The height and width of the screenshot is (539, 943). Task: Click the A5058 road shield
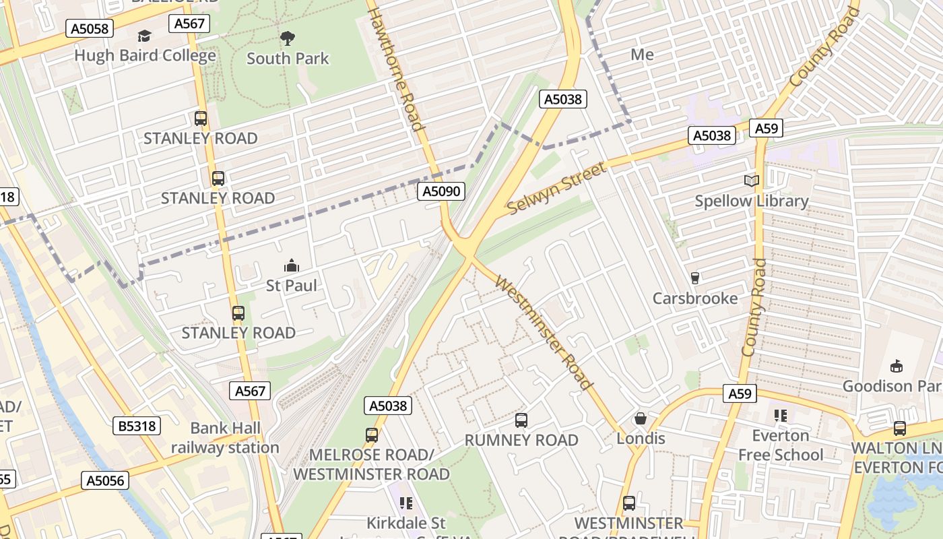[90, 28]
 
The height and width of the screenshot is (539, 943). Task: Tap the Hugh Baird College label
[145, 55]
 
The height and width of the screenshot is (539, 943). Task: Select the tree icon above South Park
[288, 38]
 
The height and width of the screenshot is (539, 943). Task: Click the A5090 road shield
[442, 191]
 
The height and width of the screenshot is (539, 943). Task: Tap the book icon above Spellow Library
[751, 181]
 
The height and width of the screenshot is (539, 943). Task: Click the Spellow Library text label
[751, 201]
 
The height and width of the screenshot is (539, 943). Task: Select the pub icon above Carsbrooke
[695, 278]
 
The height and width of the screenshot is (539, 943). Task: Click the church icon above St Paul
[291, 265]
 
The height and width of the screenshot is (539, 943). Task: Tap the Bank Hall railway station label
[225, 438]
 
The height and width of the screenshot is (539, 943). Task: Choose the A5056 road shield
[105, 480]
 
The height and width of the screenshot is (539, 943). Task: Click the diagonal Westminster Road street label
[544, 332]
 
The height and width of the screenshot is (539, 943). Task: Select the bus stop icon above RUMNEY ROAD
[521, 420]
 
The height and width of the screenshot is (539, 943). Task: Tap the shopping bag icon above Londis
[641, 418]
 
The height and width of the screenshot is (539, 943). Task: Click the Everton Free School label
[781, 445]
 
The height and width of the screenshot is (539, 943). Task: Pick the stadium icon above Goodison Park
[896, 366]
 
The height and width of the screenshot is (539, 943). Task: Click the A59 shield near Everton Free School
[739, 393]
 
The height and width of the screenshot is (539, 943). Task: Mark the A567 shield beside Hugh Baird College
[191, 24]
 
